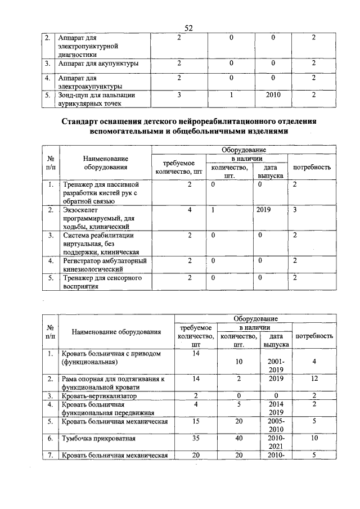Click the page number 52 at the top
188,29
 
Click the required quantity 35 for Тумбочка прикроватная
196,436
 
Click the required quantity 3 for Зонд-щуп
178,95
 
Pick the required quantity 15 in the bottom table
196,421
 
